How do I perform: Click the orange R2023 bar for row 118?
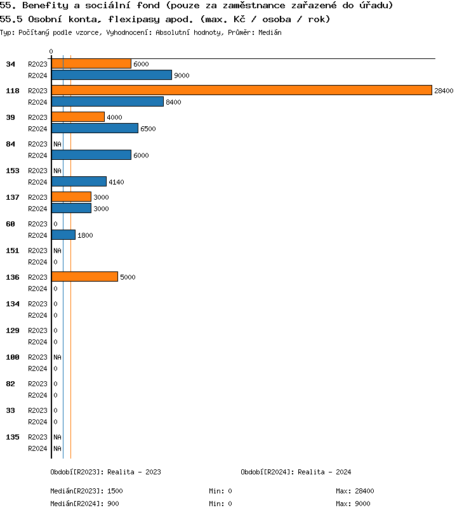(x=241, y=91)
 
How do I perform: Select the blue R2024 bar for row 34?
(x=112, y=75)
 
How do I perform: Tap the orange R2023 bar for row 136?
(x=84, y=277)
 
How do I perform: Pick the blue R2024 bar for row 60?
(x=63, y=235)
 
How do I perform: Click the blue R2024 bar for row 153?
(x=79, y=182)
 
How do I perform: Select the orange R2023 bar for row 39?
(x=78, y=117)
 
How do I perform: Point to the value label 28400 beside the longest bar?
(x=444, y=91)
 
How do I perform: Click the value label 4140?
(x=116, y=182)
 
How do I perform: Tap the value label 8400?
(x=173, y=102)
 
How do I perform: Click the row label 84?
(x=11, y=144)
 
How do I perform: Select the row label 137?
(x=13, y=197)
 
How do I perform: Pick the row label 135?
(x=13, y=437)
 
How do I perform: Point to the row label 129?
(x=13, y=330)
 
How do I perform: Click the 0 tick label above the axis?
(x=51, y=51)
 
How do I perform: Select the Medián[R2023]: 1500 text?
(x=86, y=491)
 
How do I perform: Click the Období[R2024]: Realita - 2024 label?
(x=296, y=472)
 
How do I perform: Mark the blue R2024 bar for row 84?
(x=91, y=155)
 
